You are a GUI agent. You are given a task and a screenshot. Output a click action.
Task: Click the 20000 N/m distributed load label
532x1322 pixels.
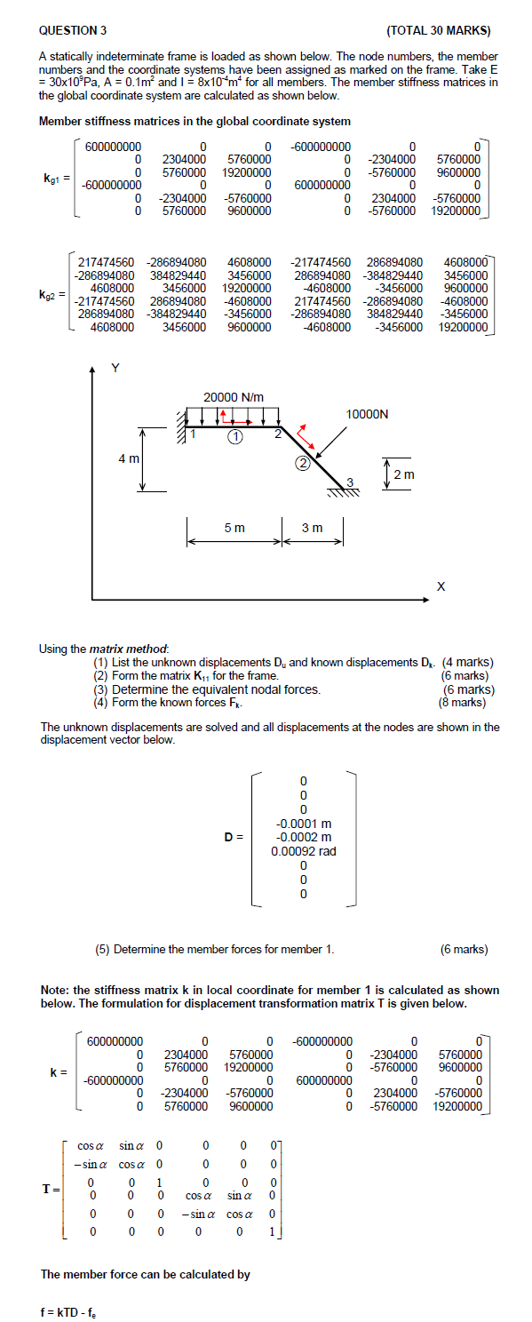click(234, 396)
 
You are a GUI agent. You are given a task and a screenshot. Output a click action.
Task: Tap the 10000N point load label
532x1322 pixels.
click(368, 414)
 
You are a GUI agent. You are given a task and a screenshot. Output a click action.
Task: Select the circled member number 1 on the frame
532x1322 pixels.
click(234, 436)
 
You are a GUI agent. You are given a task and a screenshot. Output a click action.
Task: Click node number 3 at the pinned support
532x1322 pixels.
click(350, 482)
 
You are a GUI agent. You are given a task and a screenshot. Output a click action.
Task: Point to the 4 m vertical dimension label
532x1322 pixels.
click(129, 458)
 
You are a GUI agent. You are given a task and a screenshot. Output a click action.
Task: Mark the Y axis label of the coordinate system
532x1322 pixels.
click(113, 367)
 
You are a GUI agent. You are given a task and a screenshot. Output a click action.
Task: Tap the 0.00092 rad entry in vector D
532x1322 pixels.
click(304, 851)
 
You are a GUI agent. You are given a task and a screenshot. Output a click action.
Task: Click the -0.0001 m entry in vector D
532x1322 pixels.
click(304, 823)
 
